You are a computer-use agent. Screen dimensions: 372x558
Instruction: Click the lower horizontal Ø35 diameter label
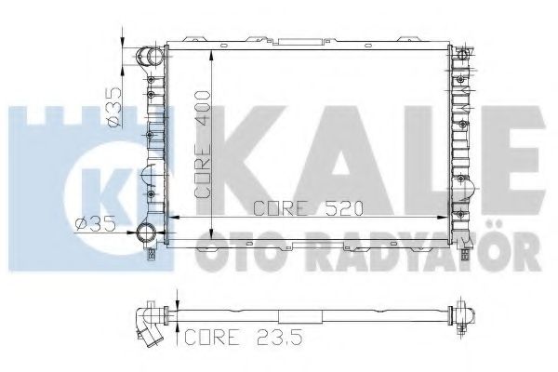tap(93, 222)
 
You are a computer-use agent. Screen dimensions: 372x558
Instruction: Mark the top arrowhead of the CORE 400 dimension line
tap(213, 48)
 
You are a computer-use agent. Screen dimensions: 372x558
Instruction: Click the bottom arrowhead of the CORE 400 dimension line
tap(213, 238)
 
